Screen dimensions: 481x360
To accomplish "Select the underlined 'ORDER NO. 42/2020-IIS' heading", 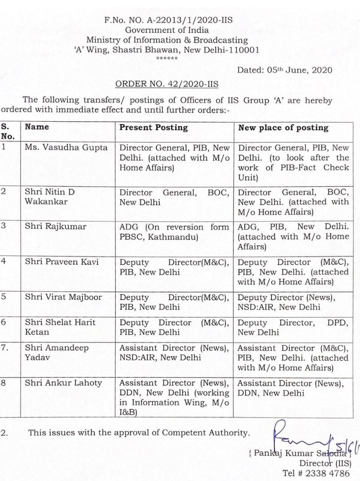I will (167, 84).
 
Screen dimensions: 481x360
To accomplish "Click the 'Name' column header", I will (37, 127).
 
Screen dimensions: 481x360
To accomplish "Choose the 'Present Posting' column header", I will (153, 127).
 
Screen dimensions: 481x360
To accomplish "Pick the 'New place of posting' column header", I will (283, 127).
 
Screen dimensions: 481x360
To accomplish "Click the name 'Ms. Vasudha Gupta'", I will (66, 148).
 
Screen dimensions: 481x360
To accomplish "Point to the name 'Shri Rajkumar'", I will (56, 227).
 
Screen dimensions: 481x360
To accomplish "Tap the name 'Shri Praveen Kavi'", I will (62, 262).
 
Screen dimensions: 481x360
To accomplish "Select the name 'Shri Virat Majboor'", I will (64, 297).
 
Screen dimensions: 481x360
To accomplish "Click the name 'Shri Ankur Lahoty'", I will (64, 383).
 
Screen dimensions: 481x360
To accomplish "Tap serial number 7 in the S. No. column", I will (5, 348).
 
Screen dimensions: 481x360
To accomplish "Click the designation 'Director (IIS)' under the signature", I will (325, 463).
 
